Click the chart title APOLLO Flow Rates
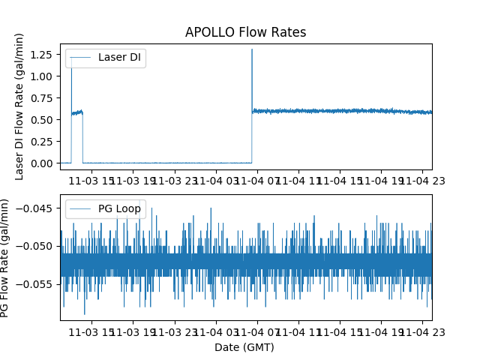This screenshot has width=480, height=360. click(245, 33)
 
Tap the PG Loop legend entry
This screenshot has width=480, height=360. click(119, 208)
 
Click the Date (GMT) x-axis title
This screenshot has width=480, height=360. click(245, 347)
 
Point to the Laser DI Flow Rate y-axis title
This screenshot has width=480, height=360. click(20, 106)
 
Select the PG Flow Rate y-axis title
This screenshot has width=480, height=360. click(7, 257)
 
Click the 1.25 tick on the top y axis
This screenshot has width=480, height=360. click(43, 55)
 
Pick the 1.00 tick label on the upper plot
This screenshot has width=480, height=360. click(43, 76)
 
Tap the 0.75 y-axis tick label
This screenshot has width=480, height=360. click(43, 98)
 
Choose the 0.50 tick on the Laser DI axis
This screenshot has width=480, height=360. click(43, 120)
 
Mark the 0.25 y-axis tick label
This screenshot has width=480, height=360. click(43, 142)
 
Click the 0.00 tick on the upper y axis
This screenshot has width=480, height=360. click(43, 163)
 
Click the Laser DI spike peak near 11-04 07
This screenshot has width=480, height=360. click(252, 49)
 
